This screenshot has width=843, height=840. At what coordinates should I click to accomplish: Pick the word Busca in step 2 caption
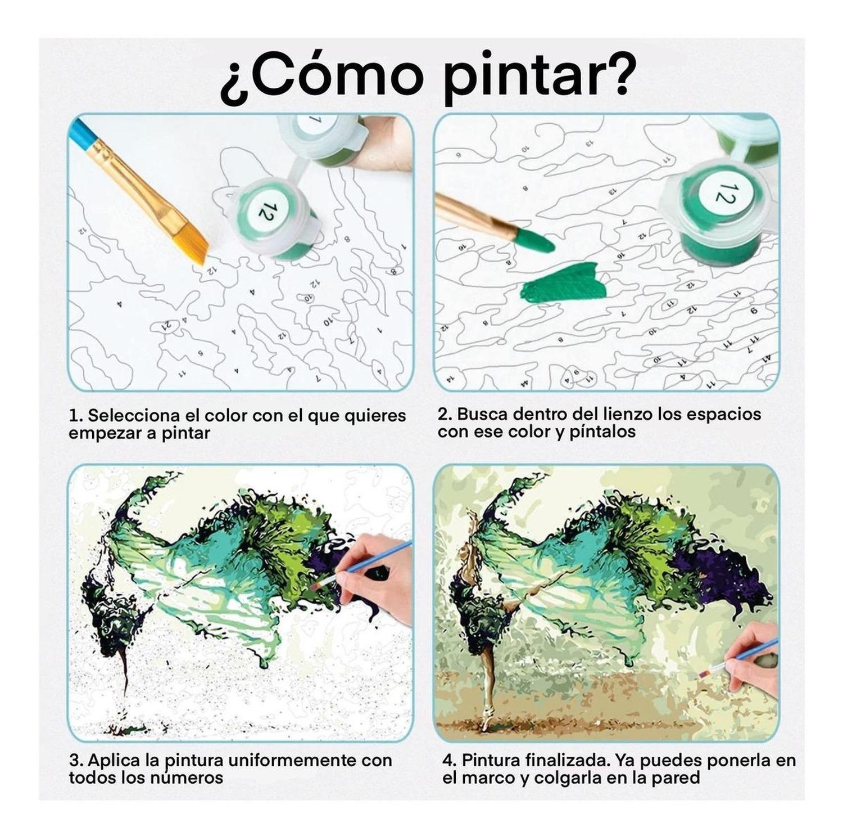pyautogui.click(x=480, y=414)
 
